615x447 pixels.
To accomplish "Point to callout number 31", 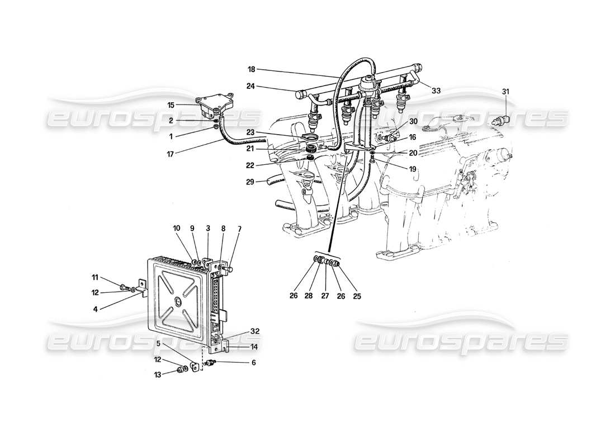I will click(506, 92).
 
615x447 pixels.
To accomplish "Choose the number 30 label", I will click(413, 121).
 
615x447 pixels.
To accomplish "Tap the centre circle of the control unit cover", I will click(177, 302).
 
